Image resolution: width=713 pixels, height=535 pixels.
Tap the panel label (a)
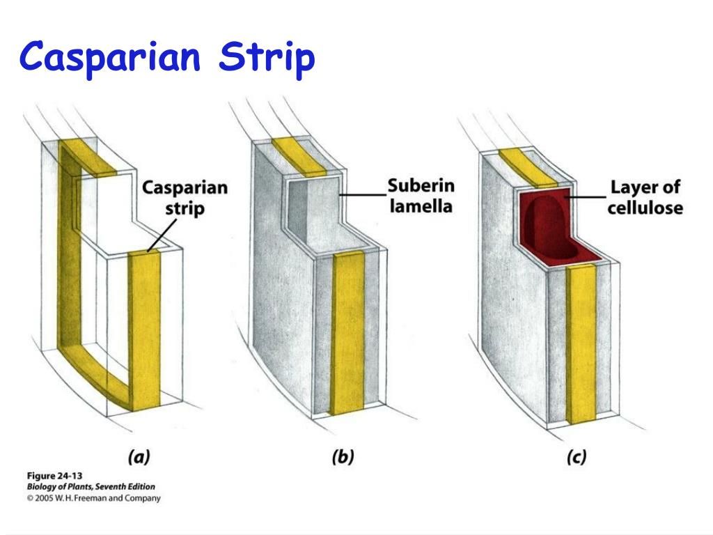(x=139, y=457)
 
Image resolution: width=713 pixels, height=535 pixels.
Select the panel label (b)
(x=343, y=457)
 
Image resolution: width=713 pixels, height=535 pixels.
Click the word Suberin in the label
(x=421, y=186)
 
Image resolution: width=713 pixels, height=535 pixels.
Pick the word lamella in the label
(x=421, y=206)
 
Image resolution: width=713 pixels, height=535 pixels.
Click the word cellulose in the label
(x=645, y=208)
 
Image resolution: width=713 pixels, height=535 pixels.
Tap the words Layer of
(x=645, y=187)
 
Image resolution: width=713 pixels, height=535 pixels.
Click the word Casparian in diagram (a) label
(x=185, y=188)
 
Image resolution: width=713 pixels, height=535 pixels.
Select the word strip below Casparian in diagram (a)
(x=185, y=208)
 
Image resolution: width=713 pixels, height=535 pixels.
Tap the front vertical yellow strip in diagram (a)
(x=144, y=327)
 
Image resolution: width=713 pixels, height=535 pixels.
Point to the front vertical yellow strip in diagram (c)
(x=579, y=345)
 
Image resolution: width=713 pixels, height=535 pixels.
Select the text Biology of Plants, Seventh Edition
(x=91, y=487)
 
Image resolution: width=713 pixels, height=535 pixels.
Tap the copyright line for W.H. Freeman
(x=93, y=498)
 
